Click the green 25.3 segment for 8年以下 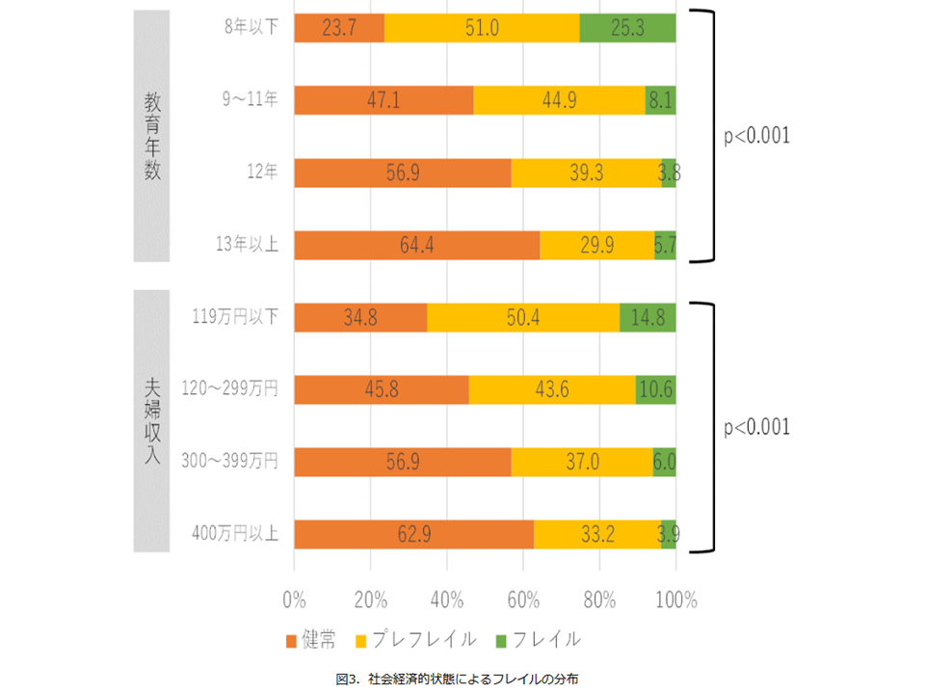[627, 28]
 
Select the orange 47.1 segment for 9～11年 [383, 100]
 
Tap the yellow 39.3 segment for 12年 [586, 173]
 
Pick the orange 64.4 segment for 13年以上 [416, 245]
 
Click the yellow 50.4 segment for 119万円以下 [523, 317]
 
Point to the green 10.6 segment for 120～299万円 [655, 389]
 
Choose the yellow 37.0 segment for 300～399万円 [582, 462]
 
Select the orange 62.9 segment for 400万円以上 [413, 534]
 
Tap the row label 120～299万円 [229, 389]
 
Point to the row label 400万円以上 [236, 534]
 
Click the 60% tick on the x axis [523, 600]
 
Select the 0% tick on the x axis [294, 600]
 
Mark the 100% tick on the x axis [675, 600]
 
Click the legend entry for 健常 [311, 639]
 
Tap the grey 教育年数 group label [152, 137]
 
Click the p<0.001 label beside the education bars [756, 136]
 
